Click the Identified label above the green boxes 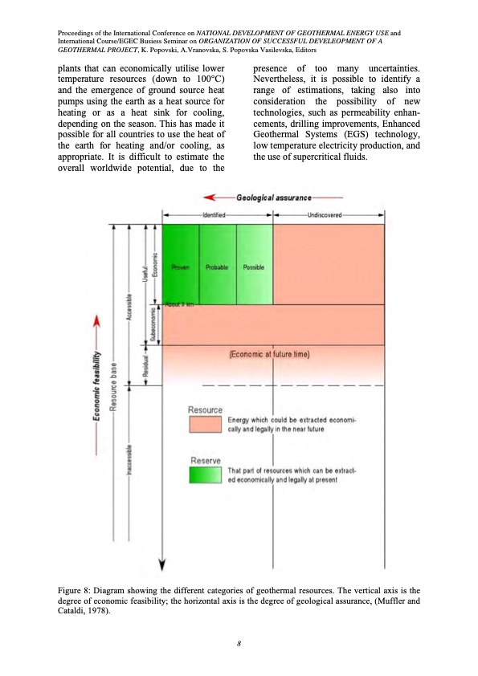tap(214, 215)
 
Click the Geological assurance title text tap(273, 197)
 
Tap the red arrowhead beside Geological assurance tap(210, 197)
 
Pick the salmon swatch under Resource tap(205, 424)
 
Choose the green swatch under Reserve tap(205, 474)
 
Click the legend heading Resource tap(205, 410)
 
